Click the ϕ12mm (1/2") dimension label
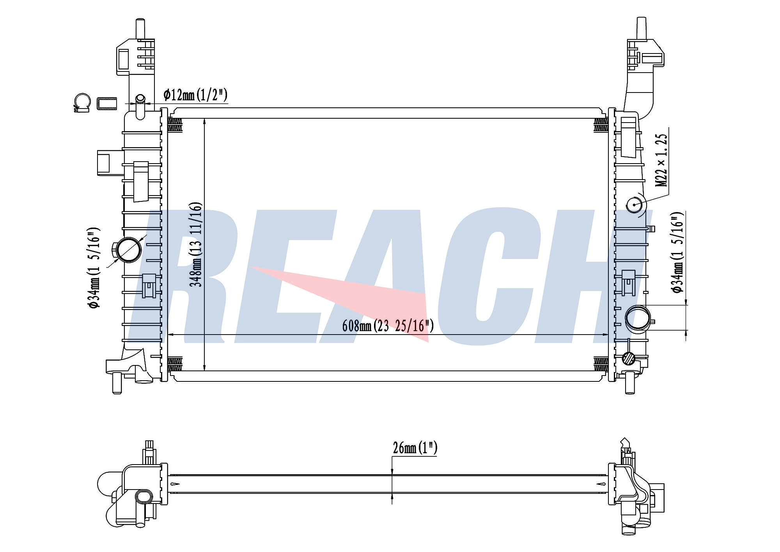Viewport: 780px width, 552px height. point(195,95)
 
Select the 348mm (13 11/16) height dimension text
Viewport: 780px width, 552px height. point(196,244)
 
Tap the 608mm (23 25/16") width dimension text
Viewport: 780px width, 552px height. point(388,326)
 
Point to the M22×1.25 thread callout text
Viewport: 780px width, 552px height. point(661,160)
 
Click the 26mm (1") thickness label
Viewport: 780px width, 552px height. point(415,448)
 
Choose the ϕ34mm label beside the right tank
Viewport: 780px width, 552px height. point(678,252)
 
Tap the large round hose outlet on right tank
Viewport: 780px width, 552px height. point(638,319)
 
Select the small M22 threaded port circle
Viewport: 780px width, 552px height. point(635,205)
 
